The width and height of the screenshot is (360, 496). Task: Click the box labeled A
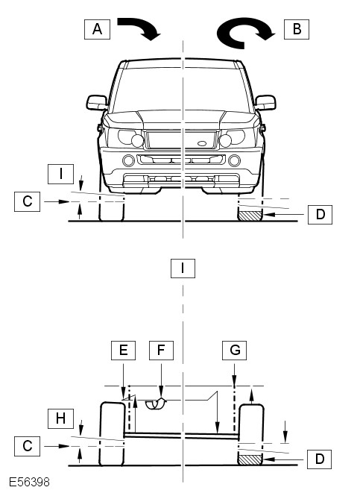(97, 29)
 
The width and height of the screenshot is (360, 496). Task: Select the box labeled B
(297, 29)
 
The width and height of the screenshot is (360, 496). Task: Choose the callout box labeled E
(123, 350)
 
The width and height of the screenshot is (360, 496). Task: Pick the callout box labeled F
(161, 350)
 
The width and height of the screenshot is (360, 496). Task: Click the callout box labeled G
(234, 350)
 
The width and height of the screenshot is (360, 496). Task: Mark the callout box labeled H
(60, 418)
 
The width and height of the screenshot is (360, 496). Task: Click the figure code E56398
(29, 482)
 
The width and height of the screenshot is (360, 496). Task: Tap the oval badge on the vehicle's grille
(202, 144)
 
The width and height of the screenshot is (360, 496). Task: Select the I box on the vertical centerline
(183, 269)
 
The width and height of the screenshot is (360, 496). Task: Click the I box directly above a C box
(60, 174)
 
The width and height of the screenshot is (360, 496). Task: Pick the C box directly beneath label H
(27, 446)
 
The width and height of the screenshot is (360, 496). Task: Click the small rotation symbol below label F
(156, 404)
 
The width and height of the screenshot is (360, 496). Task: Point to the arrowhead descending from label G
(234, 381)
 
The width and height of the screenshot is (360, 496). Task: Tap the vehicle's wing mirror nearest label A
(97, 102)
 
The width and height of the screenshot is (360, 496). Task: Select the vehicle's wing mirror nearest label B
(265, 102)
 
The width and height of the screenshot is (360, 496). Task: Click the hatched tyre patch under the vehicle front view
(250, 216)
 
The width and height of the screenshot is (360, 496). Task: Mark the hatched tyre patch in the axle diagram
(250, 460)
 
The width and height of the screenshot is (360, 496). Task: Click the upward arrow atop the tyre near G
(252, 397)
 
